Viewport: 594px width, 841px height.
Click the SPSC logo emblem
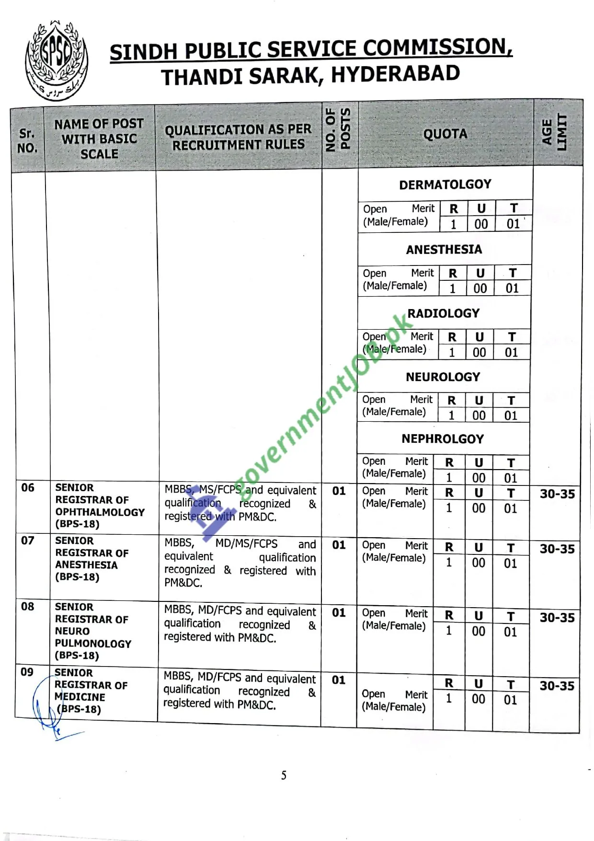57,60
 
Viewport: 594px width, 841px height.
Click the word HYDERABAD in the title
395,74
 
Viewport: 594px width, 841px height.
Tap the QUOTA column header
445,134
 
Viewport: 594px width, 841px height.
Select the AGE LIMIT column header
554,133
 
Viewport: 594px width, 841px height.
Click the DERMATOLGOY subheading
445,184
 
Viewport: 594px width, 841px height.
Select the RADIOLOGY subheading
443,313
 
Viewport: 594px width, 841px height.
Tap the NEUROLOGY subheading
443,377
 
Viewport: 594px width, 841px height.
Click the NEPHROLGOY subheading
443,439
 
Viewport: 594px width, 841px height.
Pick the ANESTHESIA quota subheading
444,250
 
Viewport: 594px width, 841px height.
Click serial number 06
28,488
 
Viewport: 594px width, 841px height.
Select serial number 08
27,607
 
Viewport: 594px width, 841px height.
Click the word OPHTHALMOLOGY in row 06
100,512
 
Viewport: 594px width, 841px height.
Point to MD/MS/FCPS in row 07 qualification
246,543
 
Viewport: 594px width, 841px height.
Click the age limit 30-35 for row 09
557,686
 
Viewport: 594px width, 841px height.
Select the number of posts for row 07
339,545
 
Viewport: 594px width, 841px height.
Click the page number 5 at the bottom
284,775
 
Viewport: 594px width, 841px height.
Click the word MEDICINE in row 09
80,697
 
